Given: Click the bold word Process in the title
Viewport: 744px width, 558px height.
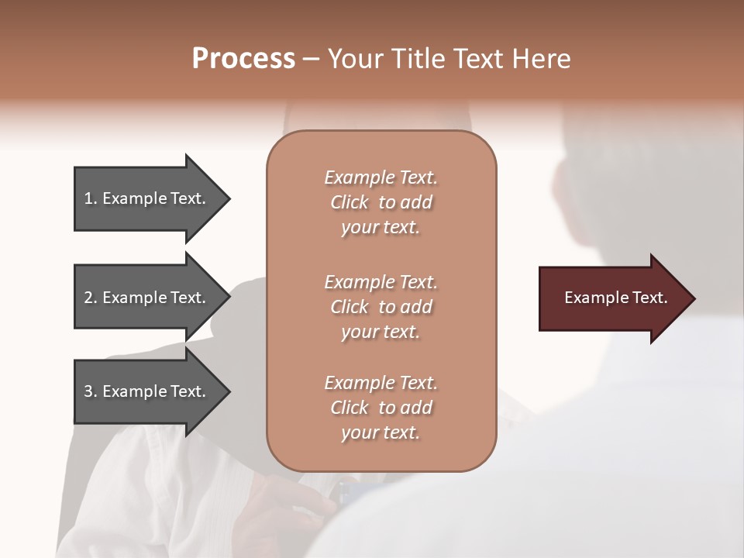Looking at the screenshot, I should (x=243, y=59).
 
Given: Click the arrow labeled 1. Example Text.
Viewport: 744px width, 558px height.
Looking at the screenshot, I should (x=147, y=198).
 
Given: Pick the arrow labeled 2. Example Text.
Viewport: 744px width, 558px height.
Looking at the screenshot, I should (x=147, y=298).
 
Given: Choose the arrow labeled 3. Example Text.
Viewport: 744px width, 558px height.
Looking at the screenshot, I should (x=147, y=391).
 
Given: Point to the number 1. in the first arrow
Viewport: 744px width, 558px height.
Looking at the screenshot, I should (x=90, y=198).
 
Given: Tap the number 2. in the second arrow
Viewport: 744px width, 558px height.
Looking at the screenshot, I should (x=90, y=298).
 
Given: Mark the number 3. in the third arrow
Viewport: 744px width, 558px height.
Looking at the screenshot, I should (x=90, y=391).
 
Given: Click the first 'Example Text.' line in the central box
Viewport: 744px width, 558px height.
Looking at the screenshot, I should (x=381, y=177).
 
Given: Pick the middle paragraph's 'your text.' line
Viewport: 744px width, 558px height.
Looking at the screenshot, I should (x=381, y=332).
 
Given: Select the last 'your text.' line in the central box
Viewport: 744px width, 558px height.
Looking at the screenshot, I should (x=381, y=432).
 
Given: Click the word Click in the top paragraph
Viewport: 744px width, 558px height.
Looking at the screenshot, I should (x=349, y=202).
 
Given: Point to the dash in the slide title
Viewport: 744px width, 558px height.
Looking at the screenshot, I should (x=311, y=59).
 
